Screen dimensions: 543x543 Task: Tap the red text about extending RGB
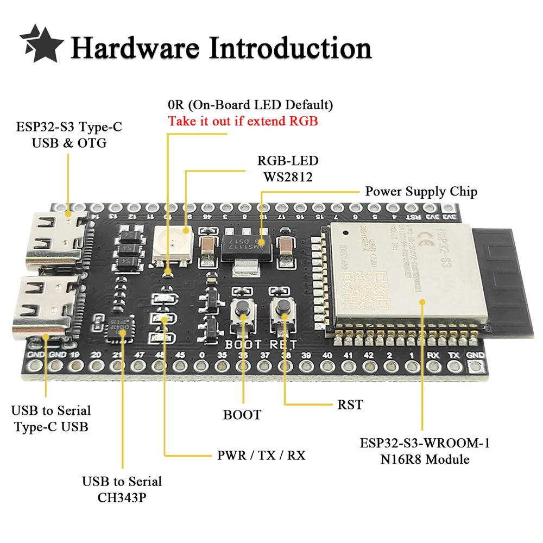pos(243,121)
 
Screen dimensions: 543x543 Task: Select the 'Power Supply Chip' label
pos(421,192)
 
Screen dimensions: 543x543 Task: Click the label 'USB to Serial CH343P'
pos(122,489)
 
